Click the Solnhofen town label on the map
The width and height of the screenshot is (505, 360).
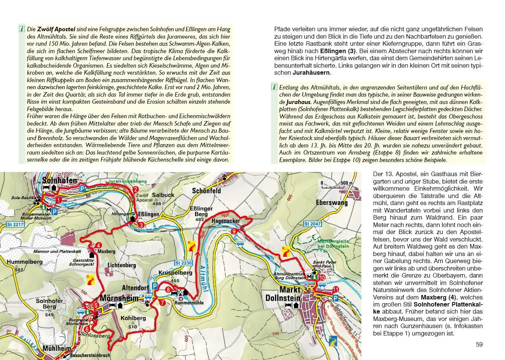coord(59,181)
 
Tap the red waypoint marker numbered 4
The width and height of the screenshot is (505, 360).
coord(98,245)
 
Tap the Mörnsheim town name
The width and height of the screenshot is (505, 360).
coord(119,298)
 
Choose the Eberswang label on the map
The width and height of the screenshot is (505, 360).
coord(331,202)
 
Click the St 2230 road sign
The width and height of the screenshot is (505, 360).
coord(184,263)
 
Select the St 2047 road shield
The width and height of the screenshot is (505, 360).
coord(312,224)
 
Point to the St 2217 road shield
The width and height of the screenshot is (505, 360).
coord(15,224)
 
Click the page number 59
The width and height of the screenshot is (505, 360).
coord(479,344)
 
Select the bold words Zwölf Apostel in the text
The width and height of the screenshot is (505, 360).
coord(56,29)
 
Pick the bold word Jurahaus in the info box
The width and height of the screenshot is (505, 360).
coord(299,102)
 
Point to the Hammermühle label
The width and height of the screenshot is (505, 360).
coord(189,303)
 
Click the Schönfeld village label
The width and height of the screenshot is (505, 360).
coord(207,191)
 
